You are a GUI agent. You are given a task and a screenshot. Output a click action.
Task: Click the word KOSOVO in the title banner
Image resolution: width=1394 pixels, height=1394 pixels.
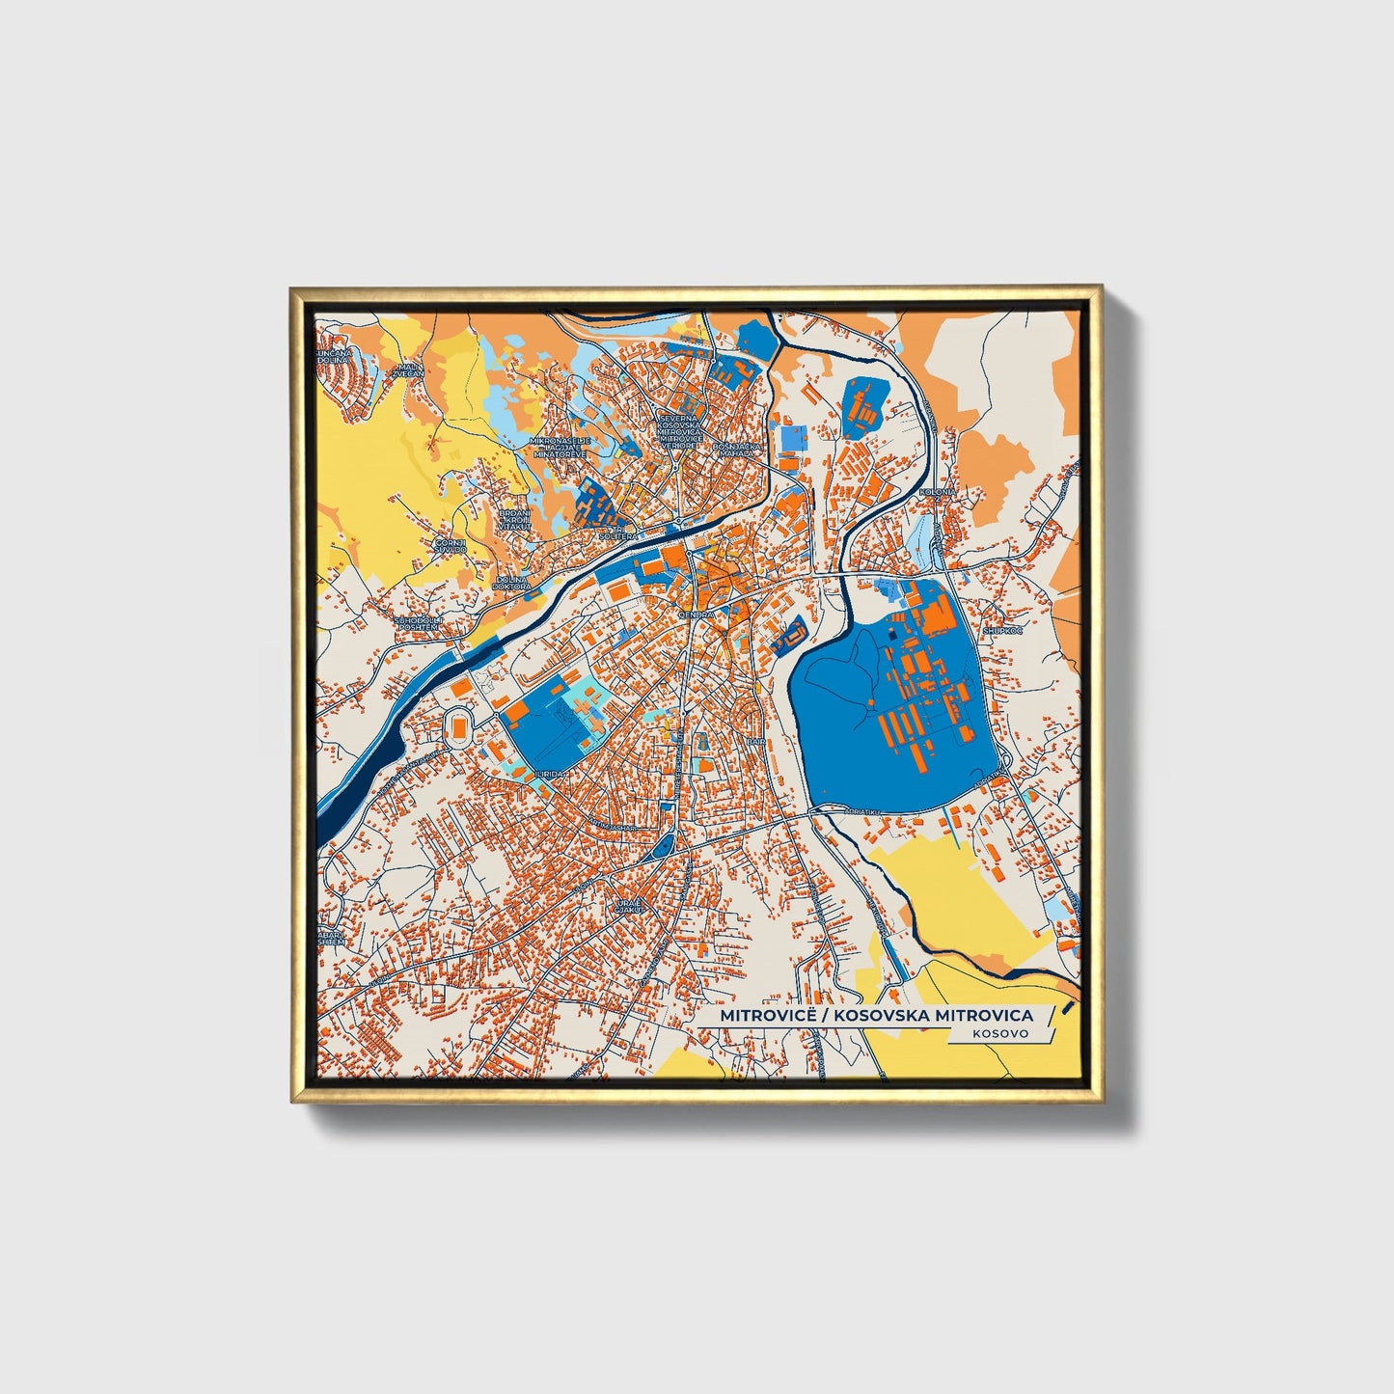(x=1000, y=1033)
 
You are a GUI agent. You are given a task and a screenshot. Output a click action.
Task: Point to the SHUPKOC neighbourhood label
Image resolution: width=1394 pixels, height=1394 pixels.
(x=1001, y=630)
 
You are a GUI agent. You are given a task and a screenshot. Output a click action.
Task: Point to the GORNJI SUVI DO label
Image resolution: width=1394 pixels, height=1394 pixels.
(x=451, y=547)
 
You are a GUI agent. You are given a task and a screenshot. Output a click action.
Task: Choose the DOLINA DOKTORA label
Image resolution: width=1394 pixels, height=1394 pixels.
(x=511, y=583)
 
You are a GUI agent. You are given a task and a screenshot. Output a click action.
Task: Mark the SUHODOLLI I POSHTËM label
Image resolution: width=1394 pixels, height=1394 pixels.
(x=418, y=623)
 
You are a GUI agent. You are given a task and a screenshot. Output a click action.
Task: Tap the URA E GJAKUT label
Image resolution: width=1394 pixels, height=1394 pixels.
(x=628, y=906)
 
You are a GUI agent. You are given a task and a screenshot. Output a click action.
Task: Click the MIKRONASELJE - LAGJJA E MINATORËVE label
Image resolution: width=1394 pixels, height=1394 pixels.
(x=560, y=446)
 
